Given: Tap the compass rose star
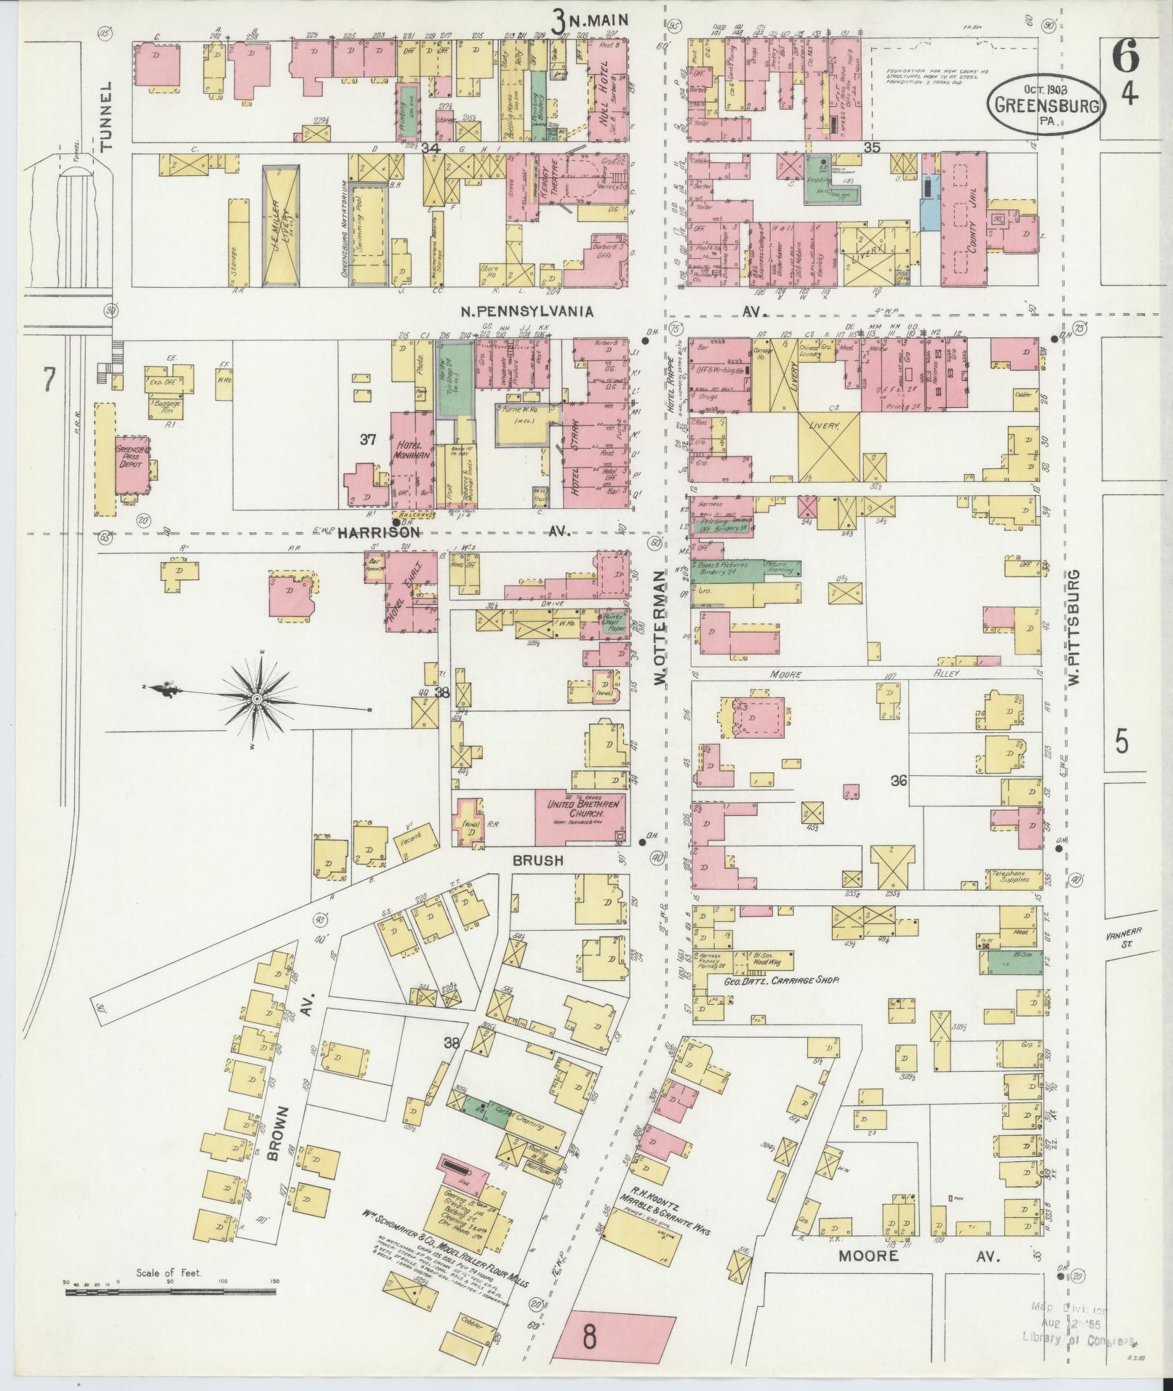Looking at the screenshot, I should tap(257, 699).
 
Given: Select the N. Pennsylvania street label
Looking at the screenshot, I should tap(527, 311).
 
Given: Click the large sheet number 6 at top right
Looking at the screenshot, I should tap(1124, 57).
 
